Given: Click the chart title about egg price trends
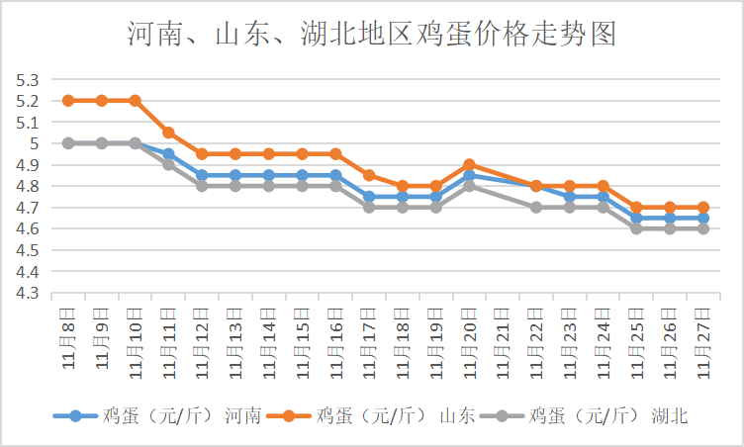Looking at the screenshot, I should pos(372,35).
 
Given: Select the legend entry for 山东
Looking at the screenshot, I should pos(379,416).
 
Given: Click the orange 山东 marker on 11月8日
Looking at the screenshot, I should pos(68,100).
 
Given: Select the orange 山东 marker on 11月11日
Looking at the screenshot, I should pos(168,133).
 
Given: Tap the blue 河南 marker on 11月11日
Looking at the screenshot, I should pos(168,154).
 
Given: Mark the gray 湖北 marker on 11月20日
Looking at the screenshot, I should pos(469,186).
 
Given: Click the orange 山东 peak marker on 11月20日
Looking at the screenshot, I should pos(469,164).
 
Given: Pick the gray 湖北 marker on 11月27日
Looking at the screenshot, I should pos(702,228).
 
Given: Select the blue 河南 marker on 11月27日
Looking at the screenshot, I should pos(702,218).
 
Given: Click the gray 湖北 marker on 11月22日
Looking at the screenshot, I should pos(535,208).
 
